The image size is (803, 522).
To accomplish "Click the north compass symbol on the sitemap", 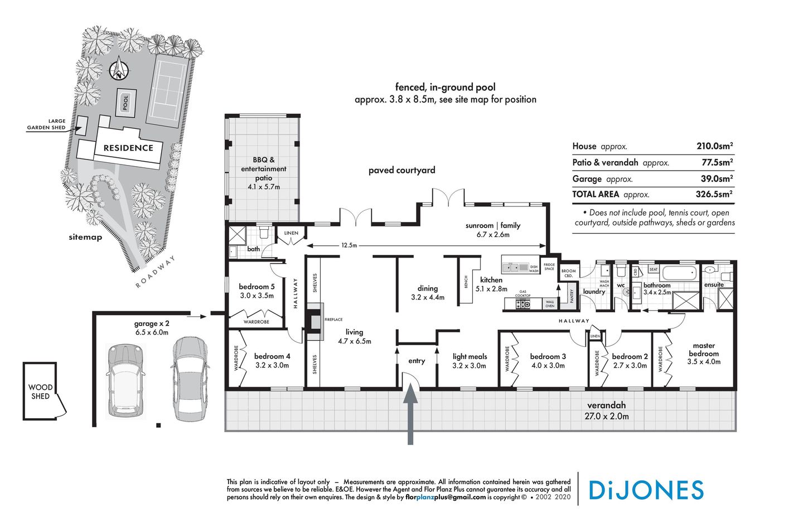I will pyautogui.click(x=119, y=70).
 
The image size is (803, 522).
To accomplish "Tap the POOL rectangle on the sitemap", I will pyautogui.click(x=125, y=102).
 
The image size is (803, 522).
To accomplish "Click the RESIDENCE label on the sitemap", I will pyautogui.click(x=128, y=148).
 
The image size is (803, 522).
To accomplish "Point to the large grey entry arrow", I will pyautogui.click(x=410, y=415).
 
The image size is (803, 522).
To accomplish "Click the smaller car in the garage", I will pyautogui.click(x=125, y=379).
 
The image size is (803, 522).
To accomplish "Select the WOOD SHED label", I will pyautogui.click(x=40, y=391).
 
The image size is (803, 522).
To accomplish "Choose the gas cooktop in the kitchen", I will pyautogui.click(x=523, y=304).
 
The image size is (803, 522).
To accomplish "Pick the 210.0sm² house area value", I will pyautogui.click(x=714, y=146).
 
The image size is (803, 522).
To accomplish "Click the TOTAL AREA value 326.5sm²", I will pyautogui.click(x=714, y=194).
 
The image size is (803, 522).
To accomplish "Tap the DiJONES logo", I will pyautogui.click(x=646, y=490).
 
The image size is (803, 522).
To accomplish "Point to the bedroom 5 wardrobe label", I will pyautogui.click(x=257, y=322).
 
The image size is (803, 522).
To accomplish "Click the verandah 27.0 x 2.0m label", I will pyautogui.click(x=606, y=410).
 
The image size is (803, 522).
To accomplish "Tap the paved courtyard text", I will pyautogui.click(x=401, y=170).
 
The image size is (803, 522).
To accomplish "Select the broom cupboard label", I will pyautogui.click(x=568, y=273).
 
